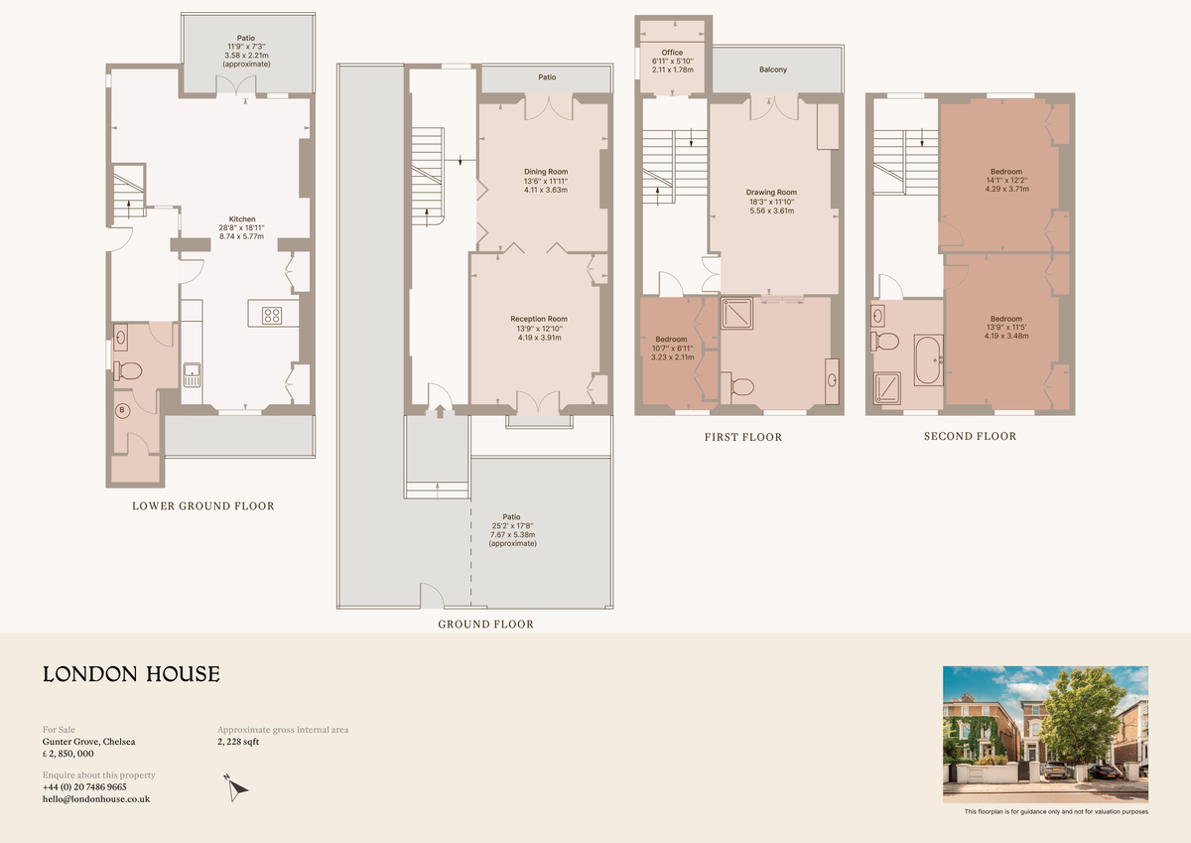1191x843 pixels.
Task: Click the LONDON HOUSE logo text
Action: (x=131, y=675)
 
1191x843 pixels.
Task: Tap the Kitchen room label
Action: (x=242, y=219)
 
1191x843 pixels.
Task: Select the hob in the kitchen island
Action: (x=273, y=315)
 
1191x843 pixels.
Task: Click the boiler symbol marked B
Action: (x=123, y=409)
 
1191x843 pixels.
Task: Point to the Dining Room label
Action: (x=546, y=172)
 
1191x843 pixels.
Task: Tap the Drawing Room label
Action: (x=771, y=193)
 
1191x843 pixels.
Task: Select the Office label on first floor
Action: (x=672, y=53)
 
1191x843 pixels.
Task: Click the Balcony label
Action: (x=773, y=70)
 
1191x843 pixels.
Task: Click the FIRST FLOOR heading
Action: (x=742, y=437)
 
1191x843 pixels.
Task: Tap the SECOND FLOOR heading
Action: (x=970, y=436)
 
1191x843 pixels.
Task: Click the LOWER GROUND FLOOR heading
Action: (x=203, y=506)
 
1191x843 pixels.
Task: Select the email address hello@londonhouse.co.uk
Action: (x=96, y=798)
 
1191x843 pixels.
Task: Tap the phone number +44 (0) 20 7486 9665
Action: (x=84, y=786)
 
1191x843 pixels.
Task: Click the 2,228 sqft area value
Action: (x=238, y=742)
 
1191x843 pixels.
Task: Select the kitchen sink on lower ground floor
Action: (x=192, y=375)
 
